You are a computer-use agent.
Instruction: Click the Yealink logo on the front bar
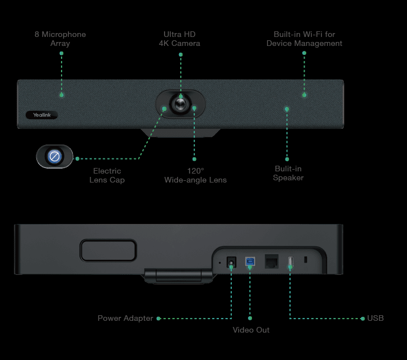tap(41, 115)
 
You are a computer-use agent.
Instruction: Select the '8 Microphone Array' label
tap(60, 39)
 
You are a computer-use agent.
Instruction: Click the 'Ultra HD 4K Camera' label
tap(179, 39)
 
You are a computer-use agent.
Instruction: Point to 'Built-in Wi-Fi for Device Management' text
tap(304, 39)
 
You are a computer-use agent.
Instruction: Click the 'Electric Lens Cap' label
tap(107, 175)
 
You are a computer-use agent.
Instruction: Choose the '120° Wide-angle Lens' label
tap(195, 175)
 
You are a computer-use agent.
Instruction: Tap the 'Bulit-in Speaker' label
tap(288, 173)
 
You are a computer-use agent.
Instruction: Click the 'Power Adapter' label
tap(125, 318)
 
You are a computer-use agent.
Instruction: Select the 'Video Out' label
tap(251, 330)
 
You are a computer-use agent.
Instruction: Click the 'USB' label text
tap(376, 318)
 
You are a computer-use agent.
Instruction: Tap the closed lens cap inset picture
tap(55, 156)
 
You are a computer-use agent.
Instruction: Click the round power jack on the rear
tap(231, 262)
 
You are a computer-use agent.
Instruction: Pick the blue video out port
tap(250, 261)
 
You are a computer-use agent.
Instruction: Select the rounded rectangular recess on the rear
tap(109, 250)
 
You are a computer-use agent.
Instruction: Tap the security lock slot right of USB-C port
tap(306, 260)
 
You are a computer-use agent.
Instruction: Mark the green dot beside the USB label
tap(362, 318)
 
